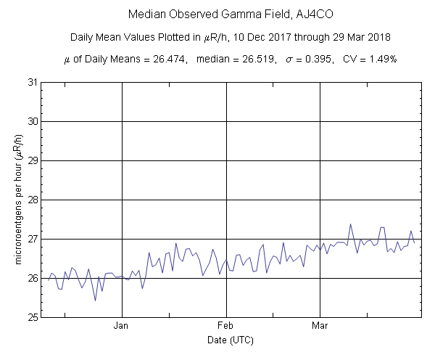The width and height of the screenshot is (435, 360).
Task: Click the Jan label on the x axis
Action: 121,326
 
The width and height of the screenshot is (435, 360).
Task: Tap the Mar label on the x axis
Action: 320,326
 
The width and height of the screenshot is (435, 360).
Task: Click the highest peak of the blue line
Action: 350,224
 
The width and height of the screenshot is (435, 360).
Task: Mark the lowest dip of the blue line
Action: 95,300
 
